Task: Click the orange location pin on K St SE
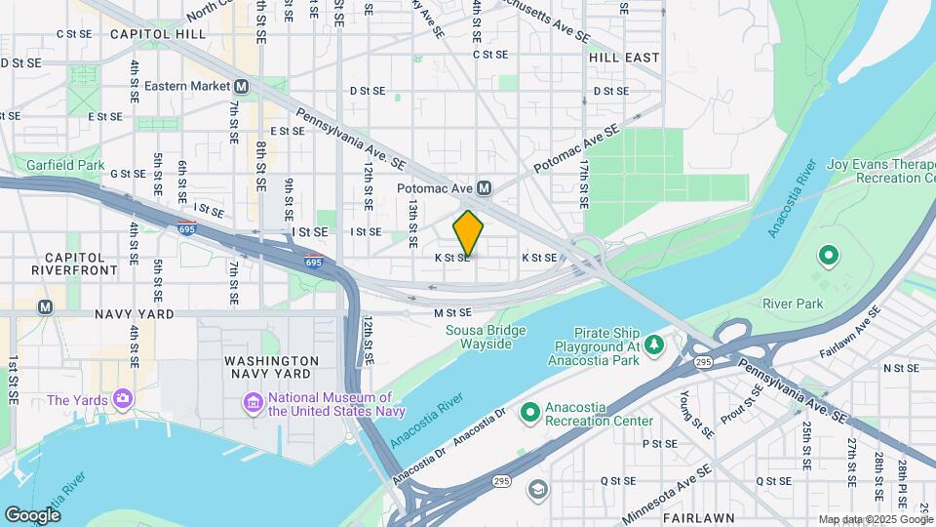click(469, 233)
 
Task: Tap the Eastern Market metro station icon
click(241, 86)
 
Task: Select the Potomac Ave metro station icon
click(483, 187)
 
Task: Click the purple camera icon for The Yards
click(122, 399)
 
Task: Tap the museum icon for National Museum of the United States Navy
click(253, 403)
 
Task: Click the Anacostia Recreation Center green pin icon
click(529, 413)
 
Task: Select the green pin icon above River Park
click(828, 258)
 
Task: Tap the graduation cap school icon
click(536, 488)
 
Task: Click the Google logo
click(32, 514)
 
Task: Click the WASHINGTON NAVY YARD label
click(271, 367)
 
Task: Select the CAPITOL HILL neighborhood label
click(157, 33)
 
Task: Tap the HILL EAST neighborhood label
click(624, 58)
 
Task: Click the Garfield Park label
click(65, 165)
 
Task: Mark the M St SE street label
click(452, 312)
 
